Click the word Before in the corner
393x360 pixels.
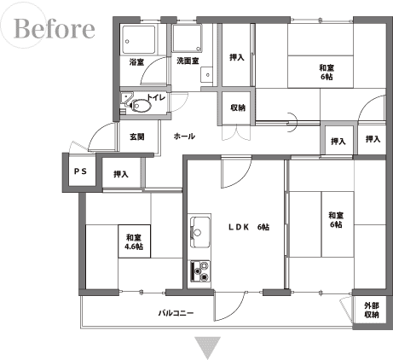pos(54,28)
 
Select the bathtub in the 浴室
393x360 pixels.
pos(139,39)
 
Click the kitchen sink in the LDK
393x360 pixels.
pos(200,232)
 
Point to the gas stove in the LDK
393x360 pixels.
pos(200,271)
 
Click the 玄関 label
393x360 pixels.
pos(137,136)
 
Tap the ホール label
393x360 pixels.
pos(184,136)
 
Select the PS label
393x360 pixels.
pos(80,171)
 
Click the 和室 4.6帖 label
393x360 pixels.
pos(134,241)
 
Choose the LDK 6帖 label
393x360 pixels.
pos(249,227)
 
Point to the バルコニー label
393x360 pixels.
pos(176,313)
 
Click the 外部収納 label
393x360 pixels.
pos(372,311)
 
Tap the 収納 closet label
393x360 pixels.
pos(238,107)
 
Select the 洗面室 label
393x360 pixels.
pos(188,61)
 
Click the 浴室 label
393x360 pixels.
pos(136,61)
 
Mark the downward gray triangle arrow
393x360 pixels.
pos(207,346)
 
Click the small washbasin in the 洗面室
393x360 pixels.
pos(206,75)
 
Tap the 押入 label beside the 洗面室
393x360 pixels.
pos(237,57)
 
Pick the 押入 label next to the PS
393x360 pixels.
pos(121,174)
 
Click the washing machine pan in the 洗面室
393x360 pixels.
pos(188,38)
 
